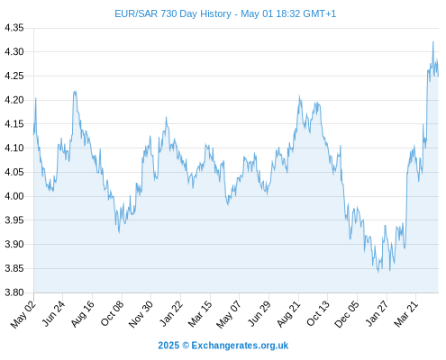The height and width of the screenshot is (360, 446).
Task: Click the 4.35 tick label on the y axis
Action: pyautogui.click(x=14, y=28)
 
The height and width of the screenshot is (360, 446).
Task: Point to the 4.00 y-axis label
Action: pyautogui.click(x=14, y=196)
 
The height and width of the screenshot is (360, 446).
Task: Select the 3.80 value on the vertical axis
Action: pyautogui.click(x=14, y=292)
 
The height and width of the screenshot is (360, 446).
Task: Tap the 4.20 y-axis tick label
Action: pyautogui.click(x=14, y=100)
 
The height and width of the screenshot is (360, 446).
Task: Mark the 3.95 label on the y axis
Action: pyautogui.click(x=14, y=220)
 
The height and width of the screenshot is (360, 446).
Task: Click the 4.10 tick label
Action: pyautogui.click(x=14, y=148)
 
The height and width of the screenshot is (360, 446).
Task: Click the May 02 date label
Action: pyautogui.click(x=23, y=314)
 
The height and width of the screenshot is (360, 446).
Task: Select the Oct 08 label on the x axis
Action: pyautogui.click(x=112, y=313)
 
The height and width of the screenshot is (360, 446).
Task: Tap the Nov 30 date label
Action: pyautogui.click(x=141, y=314)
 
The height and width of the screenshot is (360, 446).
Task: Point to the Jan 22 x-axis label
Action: pyautogui.click(x=171, y=313)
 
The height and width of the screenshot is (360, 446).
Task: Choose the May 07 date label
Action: pyautogui.click(x=229, y=314)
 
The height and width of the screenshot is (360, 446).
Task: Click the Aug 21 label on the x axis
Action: pyautogui.click(x=288, y=314)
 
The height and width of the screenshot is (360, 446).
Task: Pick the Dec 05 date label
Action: pyautogui.click(x=347, y=314)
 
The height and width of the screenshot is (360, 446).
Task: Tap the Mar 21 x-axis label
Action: pyautogui.click(x=406, y=314)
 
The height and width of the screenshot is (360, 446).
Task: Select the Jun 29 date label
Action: pyautogui.click(x=259, y=313)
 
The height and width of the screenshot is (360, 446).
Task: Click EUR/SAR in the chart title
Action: pyautogui.click(x=136, y=13)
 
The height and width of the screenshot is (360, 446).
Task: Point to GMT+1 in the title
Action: pyautogui.click(x=320, y=13)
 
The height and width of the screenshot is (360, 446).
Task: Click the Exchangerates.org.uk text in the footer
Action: pyautogui.click(x=240, y=346)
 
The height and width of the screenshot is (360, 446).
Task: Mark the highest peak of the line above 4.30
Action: pyautogui.click(x=432, y=41)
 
